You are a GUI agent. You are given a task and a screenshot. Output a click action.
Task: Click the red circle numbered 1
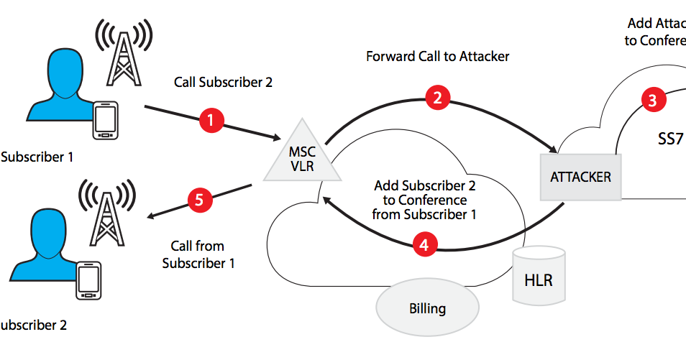coord(210,121)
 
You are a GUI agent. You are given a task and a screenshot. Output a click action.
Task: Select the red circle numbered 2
coord(436,98)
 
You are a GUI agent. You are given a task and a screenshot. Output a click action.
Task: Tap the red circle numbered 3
coord(652,100)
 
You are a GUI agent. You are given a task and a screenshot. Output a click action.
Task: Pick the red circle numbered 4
coord(425,244)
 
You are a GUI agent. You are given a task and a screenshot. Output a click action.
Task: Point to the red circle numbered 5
coord(199,199)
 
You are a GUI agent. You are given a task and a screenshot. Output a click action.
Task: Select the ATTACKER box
coord(580,176)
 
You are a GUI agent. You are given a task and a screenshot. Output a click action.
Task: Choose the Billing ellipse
coord(427,309)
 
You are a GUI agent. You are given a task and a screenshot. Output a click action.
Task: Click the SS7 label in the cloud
coord(669,139)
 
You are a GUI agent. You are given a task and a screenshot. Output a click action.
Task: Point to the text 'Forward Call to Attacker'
coord(437,56)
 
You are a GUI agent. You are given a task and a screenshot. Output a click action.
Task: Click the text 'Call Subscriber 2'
coord(223,82)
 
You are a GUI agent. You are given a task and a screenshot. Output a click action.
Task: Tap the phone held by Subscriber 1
coord(106,121)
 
